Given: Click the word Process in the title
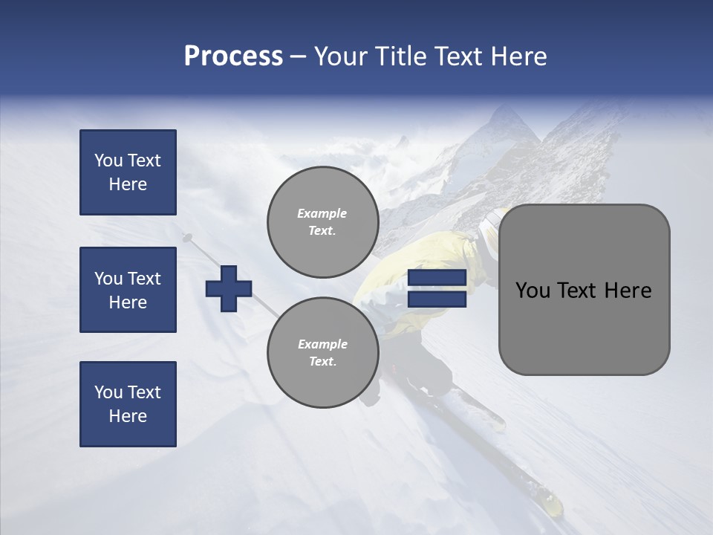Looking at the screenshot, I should pos(233,56).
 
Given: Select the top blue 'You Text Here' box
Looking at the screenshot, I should pos(128,172).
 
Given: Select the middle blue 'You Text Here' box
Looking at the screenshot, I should pos(128,290).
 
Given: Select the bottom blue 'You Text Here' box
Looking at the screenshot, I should pos(128,404).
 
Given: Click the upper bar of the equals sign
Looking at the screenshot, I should pos(437,278).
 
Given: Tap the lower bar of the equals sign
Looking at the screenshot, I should pos(437,299).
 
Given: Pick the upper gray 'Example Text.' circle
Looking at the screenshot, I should pos(322,222).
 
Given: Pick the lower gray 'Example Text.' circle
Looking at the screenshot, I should pos(322,353).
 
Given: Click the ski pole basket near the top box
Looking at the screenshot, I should pos(186,238).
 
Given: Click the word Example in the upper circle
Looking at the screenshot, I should pos(322,213).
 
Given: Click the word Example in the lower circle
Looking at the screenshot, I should pos(322,344).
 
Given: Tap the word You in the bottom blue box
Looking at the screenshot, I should pos(108,392).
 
